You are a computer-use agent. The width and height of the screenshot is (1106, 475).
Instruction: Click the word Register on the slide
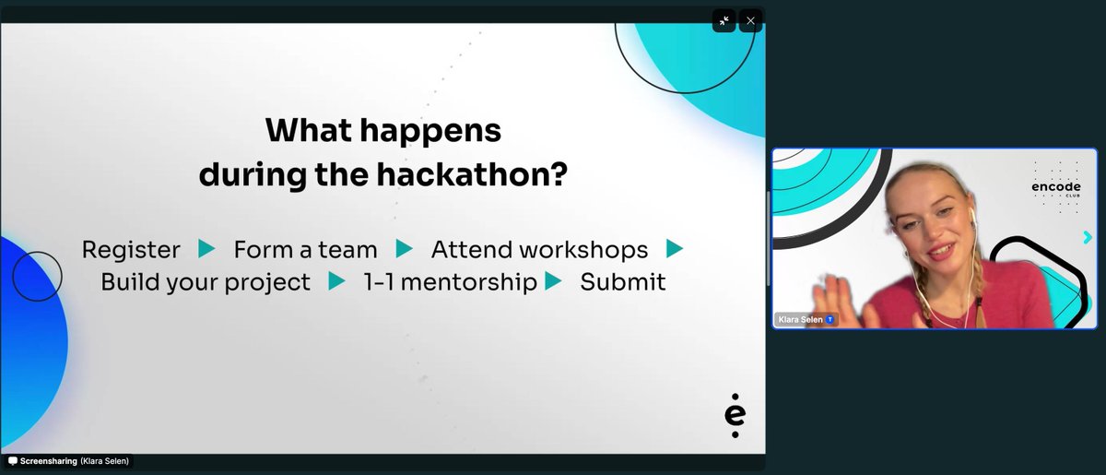(131, 250)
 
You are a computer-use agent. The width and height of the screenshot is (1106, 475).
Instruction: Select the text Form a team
(305, 250)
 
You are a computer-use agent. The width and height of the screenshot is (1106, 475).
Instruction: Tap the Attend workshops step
(539, 250)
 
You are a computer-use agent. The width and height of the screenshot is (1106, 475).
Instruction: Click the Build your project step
(206, 282)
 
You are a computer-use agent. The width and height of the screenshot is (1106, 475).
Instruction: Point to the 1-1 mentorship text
(450, 282)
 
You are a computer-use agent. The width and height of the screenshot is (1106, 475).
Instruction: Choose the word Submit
(622, 282)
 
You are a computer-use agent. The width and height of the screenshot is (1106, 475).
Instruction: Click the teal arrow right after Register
(206, 249)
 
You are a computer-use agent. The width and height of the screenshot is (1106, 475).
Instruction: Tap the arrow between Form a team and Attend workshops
(404, 249)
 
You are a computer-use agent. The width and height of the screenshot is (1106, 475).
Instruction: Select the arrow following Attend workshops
(675, 249)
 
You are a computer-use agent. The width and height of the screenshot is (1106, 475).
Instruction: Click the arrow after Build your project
(336, 281)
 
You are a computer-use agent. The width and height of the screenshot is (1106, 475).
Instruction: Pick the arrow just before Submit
(553, 281)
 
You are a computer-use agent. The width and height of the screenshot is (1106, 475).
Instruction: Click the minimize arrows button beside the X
(724, 21)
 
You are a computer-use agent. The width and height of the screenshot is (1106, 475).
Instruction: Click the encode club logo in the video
(1054, 187)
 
